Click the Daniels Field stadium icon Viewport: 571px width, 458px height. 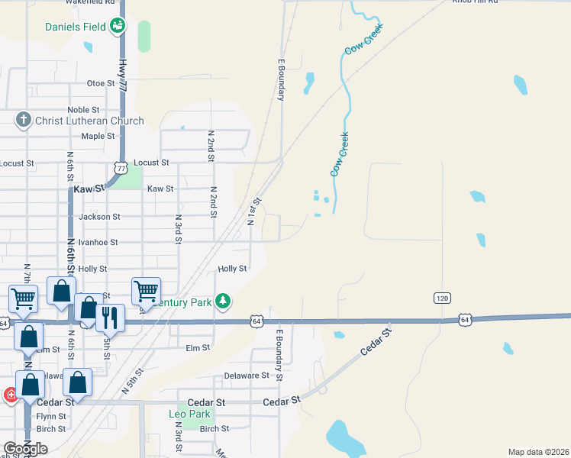click(x=117, y=27)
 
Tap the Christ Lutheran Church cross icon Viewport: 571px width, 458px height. click(x=24, y=121)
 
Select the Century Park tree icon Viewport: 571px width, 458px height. click(x=222, y=302)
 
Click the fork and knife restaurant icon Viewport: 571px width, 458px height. click(x=110, y=317)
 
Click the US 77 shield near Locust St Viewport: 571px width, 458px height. click(x=120, y=167)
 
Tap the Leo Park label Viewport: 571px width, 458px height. click(x=189, y=414)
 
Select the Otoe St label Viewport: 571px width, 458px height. click(x=100, y=83)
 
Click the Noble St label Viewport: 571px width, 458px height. click(x=83, y=110)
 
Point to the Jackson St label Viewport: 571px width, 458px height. click(x=99, y=217)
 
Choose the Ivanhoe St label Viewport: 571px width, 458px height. click(x=97, y=242)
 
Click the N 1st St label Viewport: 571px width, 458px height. click(x=254, y=211)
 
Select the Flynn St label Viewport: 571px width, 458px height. click(x=51, y=417)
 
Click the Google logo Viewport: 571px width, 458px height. click(x=25, y=449)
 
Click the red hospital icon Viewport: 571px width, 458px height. click(x=11, y=395)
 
